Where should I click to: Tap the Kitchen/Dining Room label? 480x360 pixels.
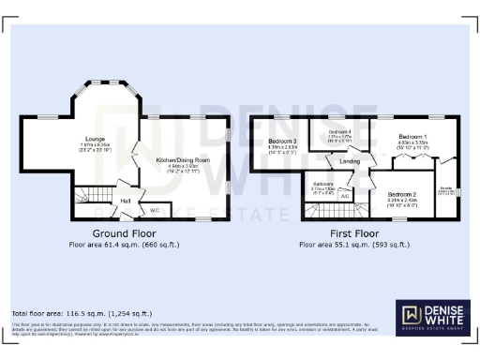pyautogui.click(x=182, y=160)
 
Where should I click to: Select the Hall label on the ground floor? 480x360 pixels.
pyautogui.click(x=125, y=201)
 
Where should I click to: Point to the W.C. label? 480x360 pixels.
pyautogui.click(x=155, y=209)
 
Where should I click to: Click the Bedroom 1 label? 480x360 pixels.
pyautogui.click(x=412, y=136)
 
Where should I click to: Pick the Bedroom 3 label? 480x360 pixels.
pyautogui.click(x=282, y=141)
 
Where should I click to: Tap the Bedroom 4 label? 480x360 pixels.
pyautogui.click(x=339, y=133)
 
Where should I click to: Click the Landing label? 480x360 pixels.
pyautogui.click(x=350, y=161)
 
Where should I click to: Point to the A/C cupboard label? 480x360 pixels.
pyautogui.click(x=345, y=196)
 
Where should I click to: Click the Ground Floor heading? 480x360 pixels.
pyautogui.click(x=124, y=232)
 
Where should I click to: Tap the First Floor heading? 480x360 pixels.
pyautogui.click(x=353, y=232)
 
